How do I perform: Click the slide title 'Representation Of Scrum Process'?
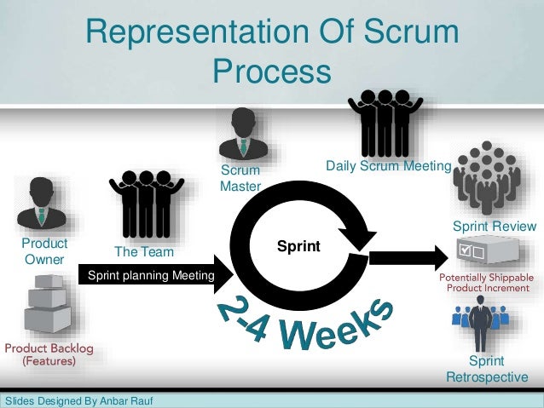272,50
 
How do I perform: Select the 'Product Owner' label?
44,251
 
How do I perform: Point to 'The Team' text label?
144,252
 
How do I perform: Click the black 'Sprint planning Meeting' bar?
147,277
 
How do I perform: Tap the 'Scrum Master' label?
240,178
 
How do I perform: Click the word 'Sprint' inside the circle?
298,247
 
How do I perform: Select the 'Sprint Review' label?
494,227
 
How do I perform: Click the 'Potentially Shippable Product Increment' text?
486,283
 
